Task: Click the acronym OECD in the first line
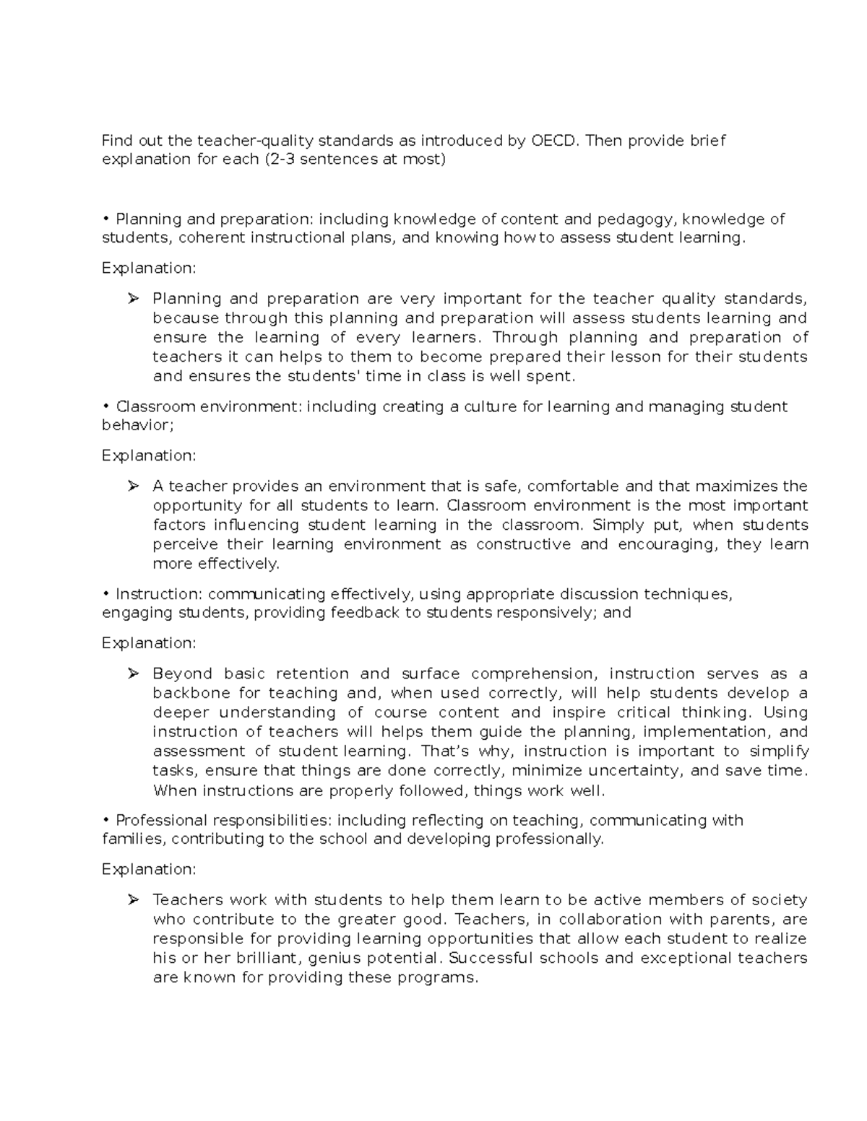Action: tap(555, 140)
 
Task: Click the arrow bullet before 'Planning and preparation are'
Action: tap(132, 298)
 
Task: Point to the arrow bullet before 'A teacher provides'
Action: tap(132, 486)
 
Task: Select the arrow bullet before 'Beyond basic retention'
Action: tap(132, 673)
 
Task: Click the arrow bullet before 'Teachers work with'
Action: tap(132, 899)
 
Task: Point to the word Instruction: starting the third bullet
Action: tap(159, 594)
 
